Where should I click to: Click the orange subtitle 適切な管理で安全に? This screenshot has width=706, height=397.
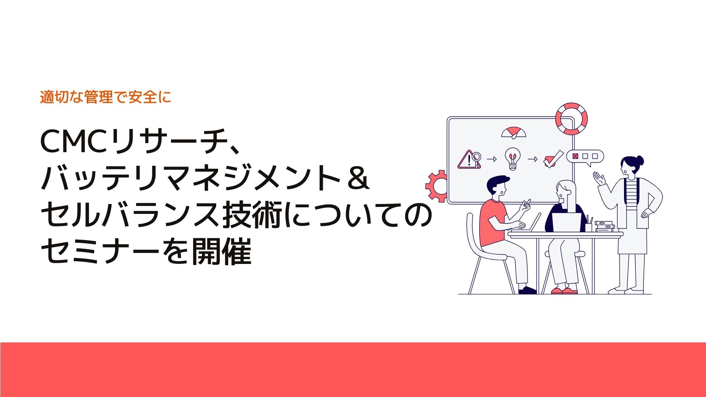106,97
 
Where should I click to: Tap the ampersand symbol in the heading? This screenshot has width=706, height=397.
356,179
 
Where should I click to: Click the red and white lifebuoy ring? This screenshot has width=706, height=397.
571,119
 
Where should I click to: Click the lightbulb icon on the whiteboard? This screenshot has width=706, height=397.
513,158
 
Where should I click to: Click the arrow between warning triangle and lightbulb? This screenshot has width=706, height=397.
492,159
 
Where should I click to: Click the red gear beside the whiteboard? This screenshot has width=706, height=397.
437,186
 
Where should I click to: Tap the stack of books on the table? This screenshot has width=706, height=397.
604,226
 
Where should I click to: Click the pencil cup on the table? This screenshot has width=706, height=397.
589,226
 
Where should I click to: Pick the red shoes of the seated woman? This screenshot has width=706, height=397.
564,291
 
